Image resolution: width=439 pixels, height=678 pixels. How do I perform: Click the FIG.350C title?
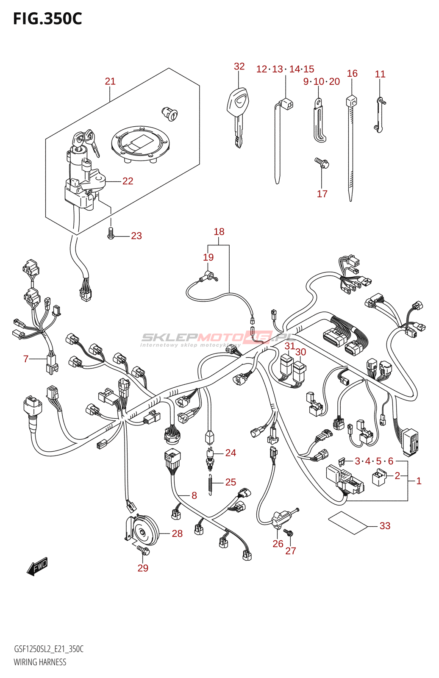click(47, 19)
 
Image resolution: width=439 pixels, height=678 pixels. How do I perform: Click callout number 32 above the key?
click(239, 66)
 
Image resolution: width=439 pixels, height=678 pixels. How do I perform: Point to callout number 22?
click(128, 181)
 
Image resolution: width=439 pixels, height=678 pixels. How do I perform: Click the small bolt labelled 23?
click(111, 233)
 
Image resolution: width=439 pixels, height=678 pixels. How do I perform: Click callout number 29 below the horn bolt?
click(143, 568)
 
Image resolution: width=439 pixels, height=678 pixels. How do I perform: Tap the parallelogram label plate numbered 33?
click(348, 522)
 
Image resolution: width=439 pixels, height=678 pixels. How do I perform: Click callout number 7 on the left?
click(26, 359)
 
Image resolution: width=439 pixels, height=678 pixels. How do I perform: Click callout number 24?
click(231, 453)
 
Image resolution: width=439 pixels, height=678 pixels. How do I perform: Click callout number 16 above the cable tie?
click(352, 73)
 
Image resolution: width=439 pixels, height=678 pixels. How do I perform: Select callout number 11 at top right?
click(380, 74)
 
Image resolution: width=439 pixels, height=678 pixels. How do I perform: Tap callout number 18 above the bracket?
click(219, 231)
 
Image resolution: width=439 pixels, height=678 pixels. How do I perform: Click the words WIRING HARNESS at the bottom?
click(40, 662)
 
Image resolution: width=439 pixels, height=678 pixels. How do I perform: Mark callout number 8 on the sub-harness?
click(194, 495)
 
